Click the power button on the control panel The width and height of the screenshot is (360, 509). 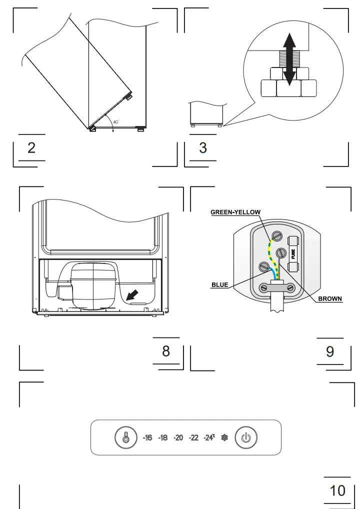245,437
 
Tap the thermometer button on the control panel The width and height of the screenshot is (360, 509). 125,437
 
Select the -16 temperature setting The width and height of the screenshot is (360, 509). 147,438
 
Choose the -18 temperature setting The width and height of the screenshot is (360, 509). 162,438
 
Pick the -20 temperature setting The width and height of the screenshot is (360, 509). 178,438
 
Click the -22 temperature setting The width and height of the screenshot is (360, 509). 194,438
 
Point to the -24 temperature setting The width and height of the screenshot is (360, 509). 209,438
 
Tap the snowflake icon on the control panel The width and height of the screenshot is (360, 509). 224,438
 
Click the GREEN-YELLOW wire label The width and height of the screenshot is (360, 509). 235,212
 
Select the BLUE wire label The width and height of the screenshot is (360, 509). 219,285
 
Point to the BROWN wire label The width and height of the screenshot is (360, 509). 330,299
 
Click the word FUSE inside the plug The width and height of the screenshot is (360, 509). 293,254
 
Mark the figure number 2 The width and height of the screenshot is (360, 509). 31,148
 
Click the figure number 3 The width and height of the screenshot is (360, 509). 203,148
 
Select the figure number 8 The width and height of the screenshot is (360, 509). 166,351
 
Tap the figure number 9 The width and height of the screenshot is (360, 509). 330,351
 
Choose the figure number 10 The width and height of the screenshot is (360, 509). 337,490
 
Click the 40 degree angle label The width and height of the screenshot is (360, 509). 115,122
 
